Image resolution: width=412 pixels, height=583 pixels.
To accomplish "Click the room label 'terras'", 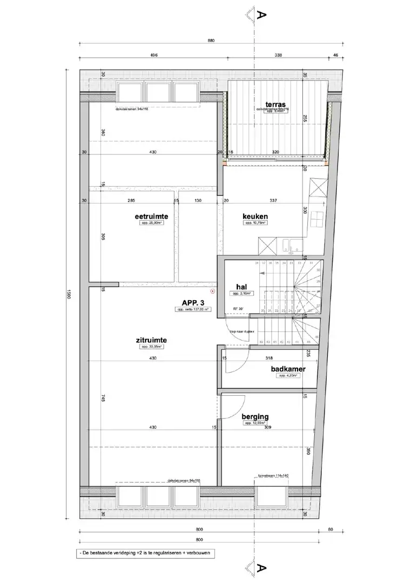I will coord(275,104).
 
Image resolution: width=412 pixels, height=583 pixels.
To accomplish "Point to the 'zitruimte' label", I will coord(151,340).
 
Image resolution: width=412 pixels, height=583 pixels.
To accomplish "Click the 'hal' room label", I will coord(241,287).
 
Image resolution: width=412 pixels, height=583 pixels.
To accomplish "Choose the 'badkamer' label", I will coord(288,369).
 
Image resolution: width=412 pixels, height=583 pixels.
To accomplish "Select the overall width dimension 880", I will coord(211,40).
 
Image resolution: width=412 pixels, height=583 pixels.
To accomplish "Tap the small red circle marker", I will coord(214,291).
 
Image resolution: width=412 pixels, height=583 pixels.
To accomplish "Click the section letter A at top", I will coord(262,14).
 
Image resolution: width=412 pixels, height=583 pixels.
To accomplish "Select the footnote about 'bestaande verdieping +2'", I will coord(146,553).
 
